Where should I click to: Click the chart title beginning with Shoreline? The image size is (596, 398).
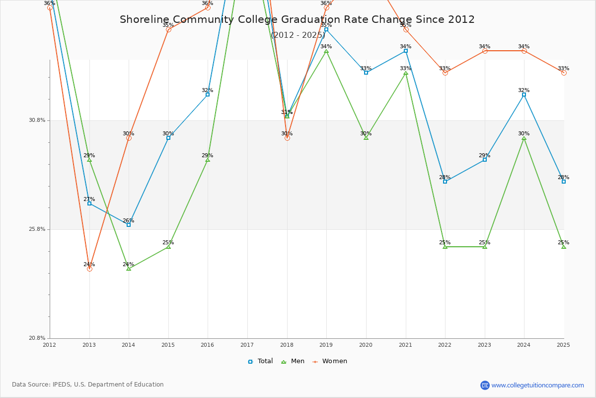[297, 20]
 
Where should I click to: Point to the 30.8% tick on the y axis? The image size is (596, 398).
[37, 120]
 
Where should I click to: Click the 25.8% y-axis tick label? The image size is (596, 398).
[37, 229]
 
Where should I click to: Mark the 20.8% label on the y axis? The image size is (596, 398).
[37, 338]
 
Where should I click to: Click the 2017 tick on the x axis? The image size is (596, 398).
[247, 345]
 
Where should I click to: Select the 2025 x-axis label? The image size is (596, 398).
[563, 345]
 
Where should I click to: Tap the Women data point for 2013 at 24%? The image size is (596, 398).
[89, 269]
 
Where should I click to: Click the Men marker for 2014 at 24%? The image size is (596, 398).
[129, 268]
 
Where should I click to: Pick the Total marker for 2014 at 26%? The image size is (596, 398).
[129, 225]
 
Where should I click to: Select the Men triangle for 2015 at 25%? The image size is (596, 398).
[168, 247]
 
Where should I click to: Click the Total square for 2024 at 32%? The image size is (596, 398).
[524, 95]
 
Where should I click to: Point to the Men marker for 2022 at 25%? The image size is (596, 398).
[445, 247]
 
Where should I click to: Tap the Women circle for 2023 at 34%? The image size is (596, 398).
[485, 51]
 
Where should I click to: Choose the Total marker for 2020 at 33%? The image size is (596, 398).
[366, 73]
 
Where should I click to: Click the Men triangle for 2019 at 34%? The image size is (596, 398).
[326, 51]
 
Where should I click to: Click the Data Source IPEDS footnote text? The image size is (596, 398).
[88, 385]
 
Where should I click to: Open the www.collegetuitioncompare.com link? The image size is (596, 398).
[537, 385]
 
